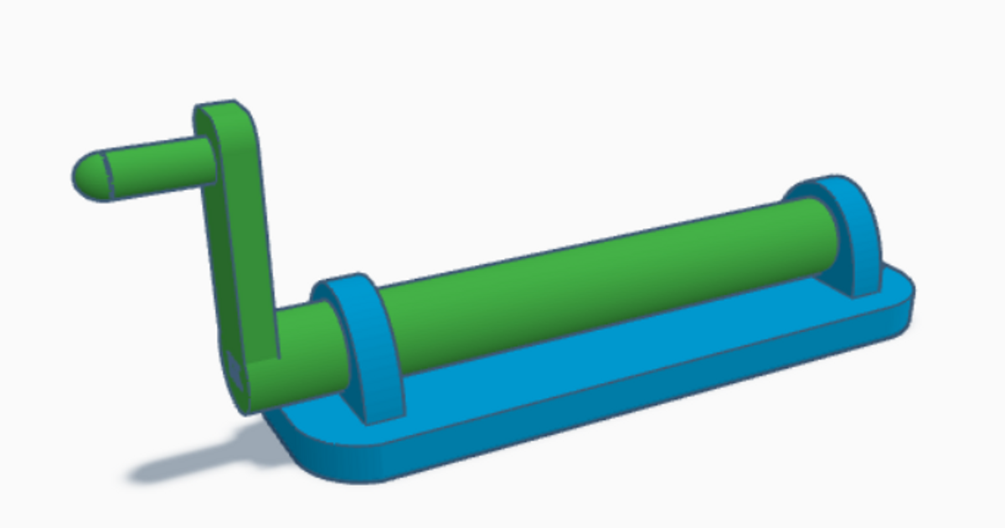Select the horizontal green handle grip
[155, 165]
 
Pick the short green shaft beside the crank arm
[306, 344]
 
